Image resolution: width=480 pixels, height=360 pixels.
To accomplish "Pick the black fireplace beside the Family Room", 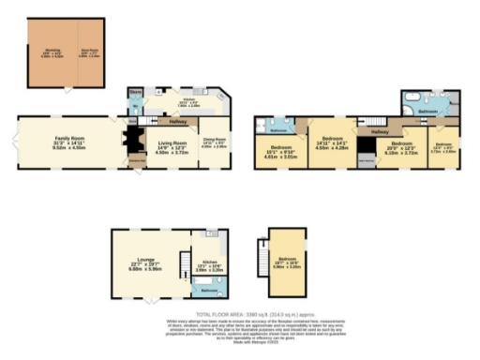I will point(131,142).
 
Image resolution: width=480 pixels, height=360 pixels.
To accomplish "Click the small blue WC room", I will point(133,106).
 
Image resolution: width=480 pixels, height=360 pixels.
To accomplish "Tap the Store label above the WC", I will point(135,92).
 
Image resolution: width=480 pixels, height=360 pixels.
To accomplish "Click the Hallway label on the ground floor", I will point(177,122).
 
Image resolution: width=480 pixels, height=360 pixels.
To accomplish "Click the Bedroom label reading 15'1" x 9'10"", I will point(280,151).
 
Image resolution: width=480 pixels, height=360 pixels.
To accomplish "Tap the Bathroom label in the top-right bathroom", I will point(427,112).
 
